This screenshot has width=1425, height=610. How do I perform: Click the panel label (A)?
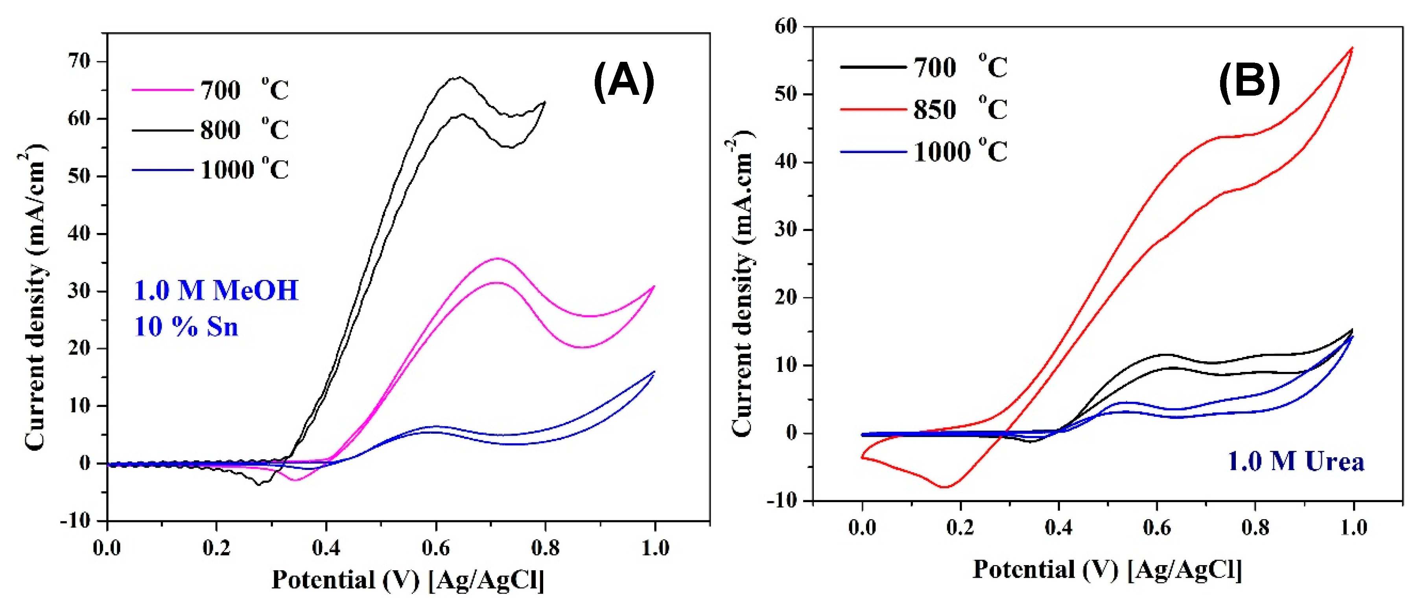(623, 81)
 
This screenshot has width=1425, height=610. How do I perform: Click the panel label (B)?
(1249, 81)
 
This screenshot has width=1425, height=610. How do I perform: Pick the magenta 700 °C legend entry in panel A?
(210, 90)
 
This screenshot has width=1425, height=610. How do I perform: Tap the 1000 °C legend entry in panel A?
(210, 169)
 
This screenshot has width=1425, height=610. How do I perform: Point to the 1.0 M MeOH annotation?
(216, 290)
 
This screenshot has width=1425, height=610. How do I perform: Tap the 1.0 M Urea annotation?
(1296, 461)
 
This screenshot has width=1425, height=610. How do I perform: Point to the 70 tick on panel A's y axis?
(79, 61)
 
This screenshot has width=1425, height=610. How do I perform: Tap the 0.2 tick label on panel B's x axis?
(960, 527)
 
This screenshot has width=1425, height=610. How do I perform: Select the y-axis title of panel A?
(34, 299)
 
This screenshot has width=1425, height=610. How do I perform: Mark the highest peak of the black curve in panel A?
(459, 77)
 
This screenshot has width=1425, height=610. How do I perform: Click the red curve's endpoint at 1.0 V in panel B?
(1352, 48)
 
